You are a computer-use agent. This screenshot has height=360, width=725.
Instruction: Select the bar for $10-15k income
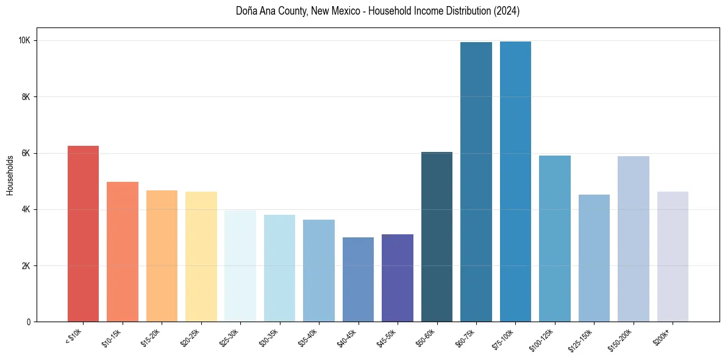pos(123,251)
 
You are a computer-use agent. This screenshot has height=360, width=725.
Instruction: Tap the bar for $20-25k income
pos(201,256)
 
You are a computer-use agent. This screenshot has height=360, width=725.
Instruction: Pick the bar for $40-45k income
pos(358,279)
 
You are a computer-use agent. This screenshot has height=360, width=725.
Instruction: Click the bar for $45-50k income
pos(398,278)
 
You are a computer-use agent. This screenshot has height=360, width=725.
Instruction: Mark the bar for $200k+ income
pos(673,256)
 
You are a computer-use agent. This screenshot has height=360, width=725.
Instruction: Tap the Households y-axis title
pos(10,175)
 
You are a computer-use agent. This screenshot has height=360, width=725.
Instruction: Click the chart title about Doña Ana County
pos(377,11)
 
